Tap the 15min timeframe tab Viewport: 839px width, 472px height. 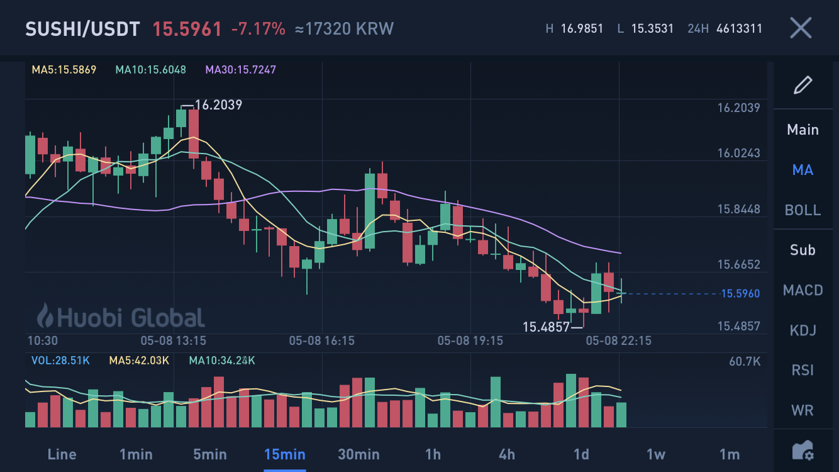coord(284,454)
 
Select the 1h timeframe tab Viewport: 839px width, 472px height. coord(433,454)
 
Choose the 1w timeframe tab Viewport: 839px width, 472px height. coord(655,454)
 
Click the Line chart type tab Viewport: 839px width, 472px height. coord(62,454)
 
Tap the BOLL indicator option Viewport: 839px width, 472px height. coord(803,210)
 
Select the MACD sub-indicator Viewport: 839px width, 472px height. coord(803,290)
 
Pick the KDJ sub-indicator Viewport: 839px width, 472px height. coord(803,330)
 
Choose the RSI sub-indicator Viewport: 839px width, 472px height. coord(803,370)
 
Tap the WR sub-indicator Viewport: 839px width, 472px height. coord(803,410)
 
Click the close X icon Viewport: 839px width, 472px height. coord(801,28)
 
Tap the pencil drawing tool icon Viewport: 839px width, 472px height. coord(803,85)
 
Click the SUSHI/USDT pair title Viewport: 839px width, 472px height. coord(82,29)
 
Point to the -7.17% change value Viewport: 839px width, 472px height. coord(258,29)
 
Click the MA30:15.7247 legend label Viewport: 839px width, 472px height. coord(240,70)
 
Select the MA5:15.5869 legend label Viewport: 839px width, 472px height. coord(64,70)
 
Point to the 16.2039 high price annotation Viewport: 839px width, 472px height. coord(218,105)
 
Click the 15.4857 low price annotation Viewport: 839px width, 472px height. coord(546,327)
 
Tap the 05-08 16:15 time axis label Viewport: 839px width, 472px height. coord(321,341)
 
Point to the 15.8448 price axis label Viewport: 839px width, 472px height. coord(738,209)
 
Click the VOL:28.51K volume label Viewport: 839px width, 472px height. coord(60,361)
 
